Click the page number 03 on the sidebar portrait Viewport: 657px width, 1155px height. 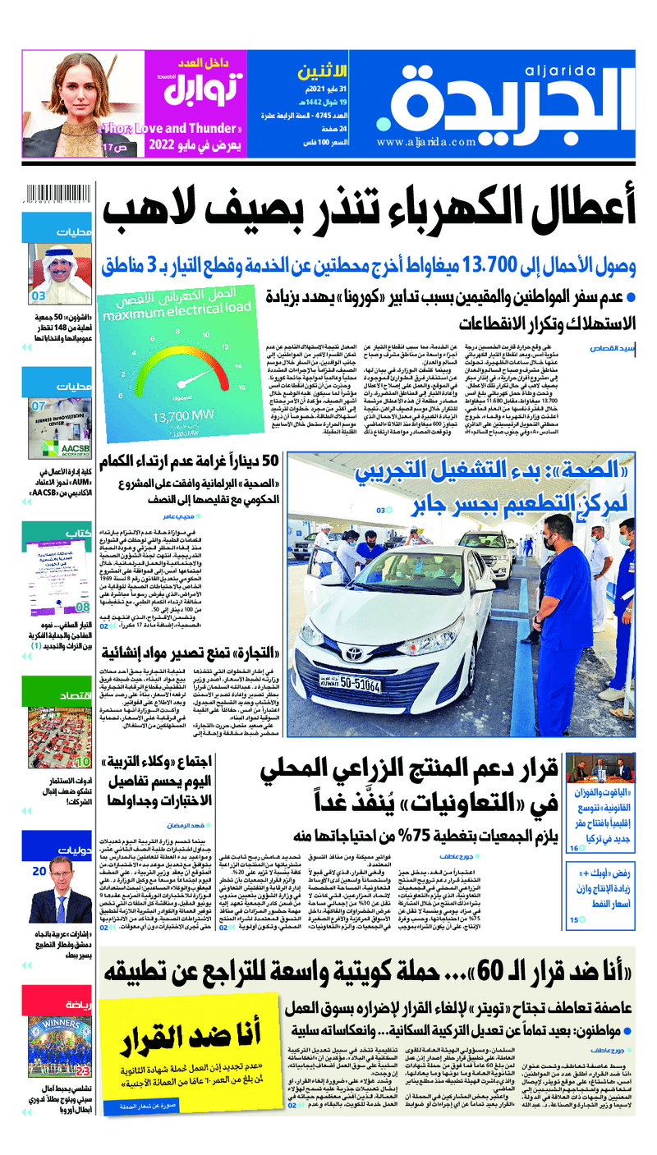tap(39, 296)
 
